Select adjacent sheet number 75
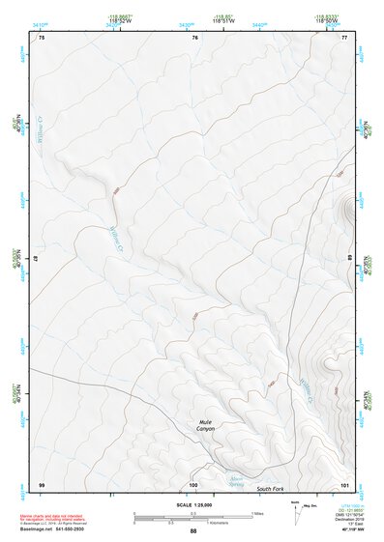[41, 38]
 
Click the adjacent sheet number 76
[194, 38]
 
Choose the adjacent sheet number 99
[41, 484]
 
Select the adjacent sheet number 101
[343, 484]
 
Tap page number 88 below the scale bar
[192, 530]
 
